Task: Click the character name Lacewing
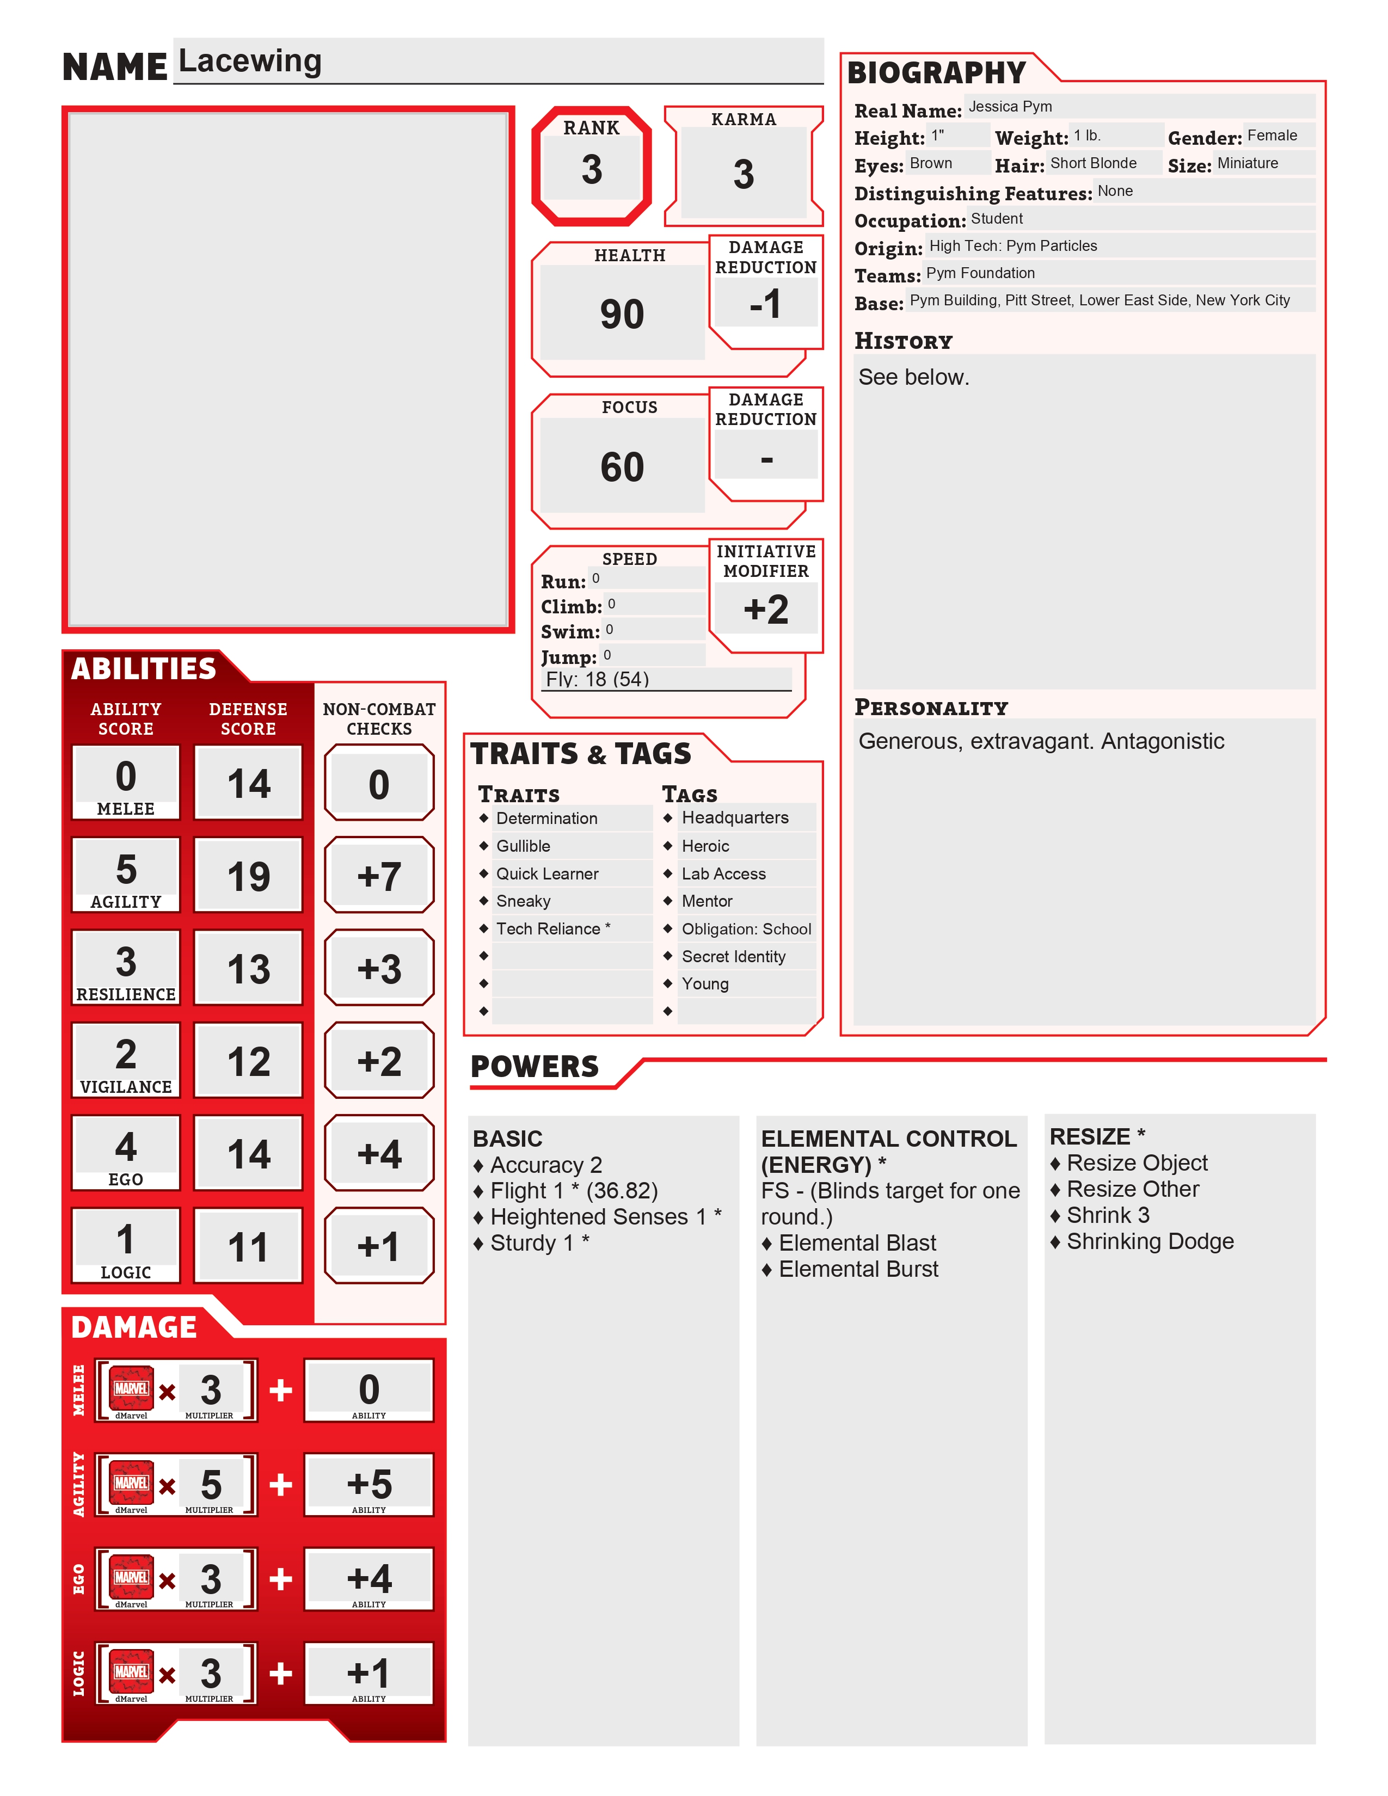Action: tap(250, 61)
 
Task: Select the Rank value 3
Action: tap(591, 169)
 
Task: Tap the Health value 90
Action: tap(622, 314)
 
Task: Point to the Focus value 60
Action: tap(622, 467)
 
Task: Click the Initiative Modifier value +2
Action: tap(765, 610)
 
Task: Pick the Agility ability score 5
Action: tap(126, 869)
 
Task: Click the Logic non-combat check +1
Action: tap(378, 1247)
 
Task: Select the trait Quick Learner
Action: tap(547, 874)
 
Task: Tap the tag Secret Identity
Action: tap(734, 956)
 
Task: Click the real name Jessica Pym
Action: tap(1010, 107)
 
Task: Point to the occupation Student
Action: tap(997, 219)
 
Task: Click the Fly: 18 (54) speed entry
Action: tap(598, 679)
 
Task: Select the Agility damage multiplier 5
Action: tap(211, 1484)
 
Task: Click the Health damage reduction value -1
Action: tap(765, 304)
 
